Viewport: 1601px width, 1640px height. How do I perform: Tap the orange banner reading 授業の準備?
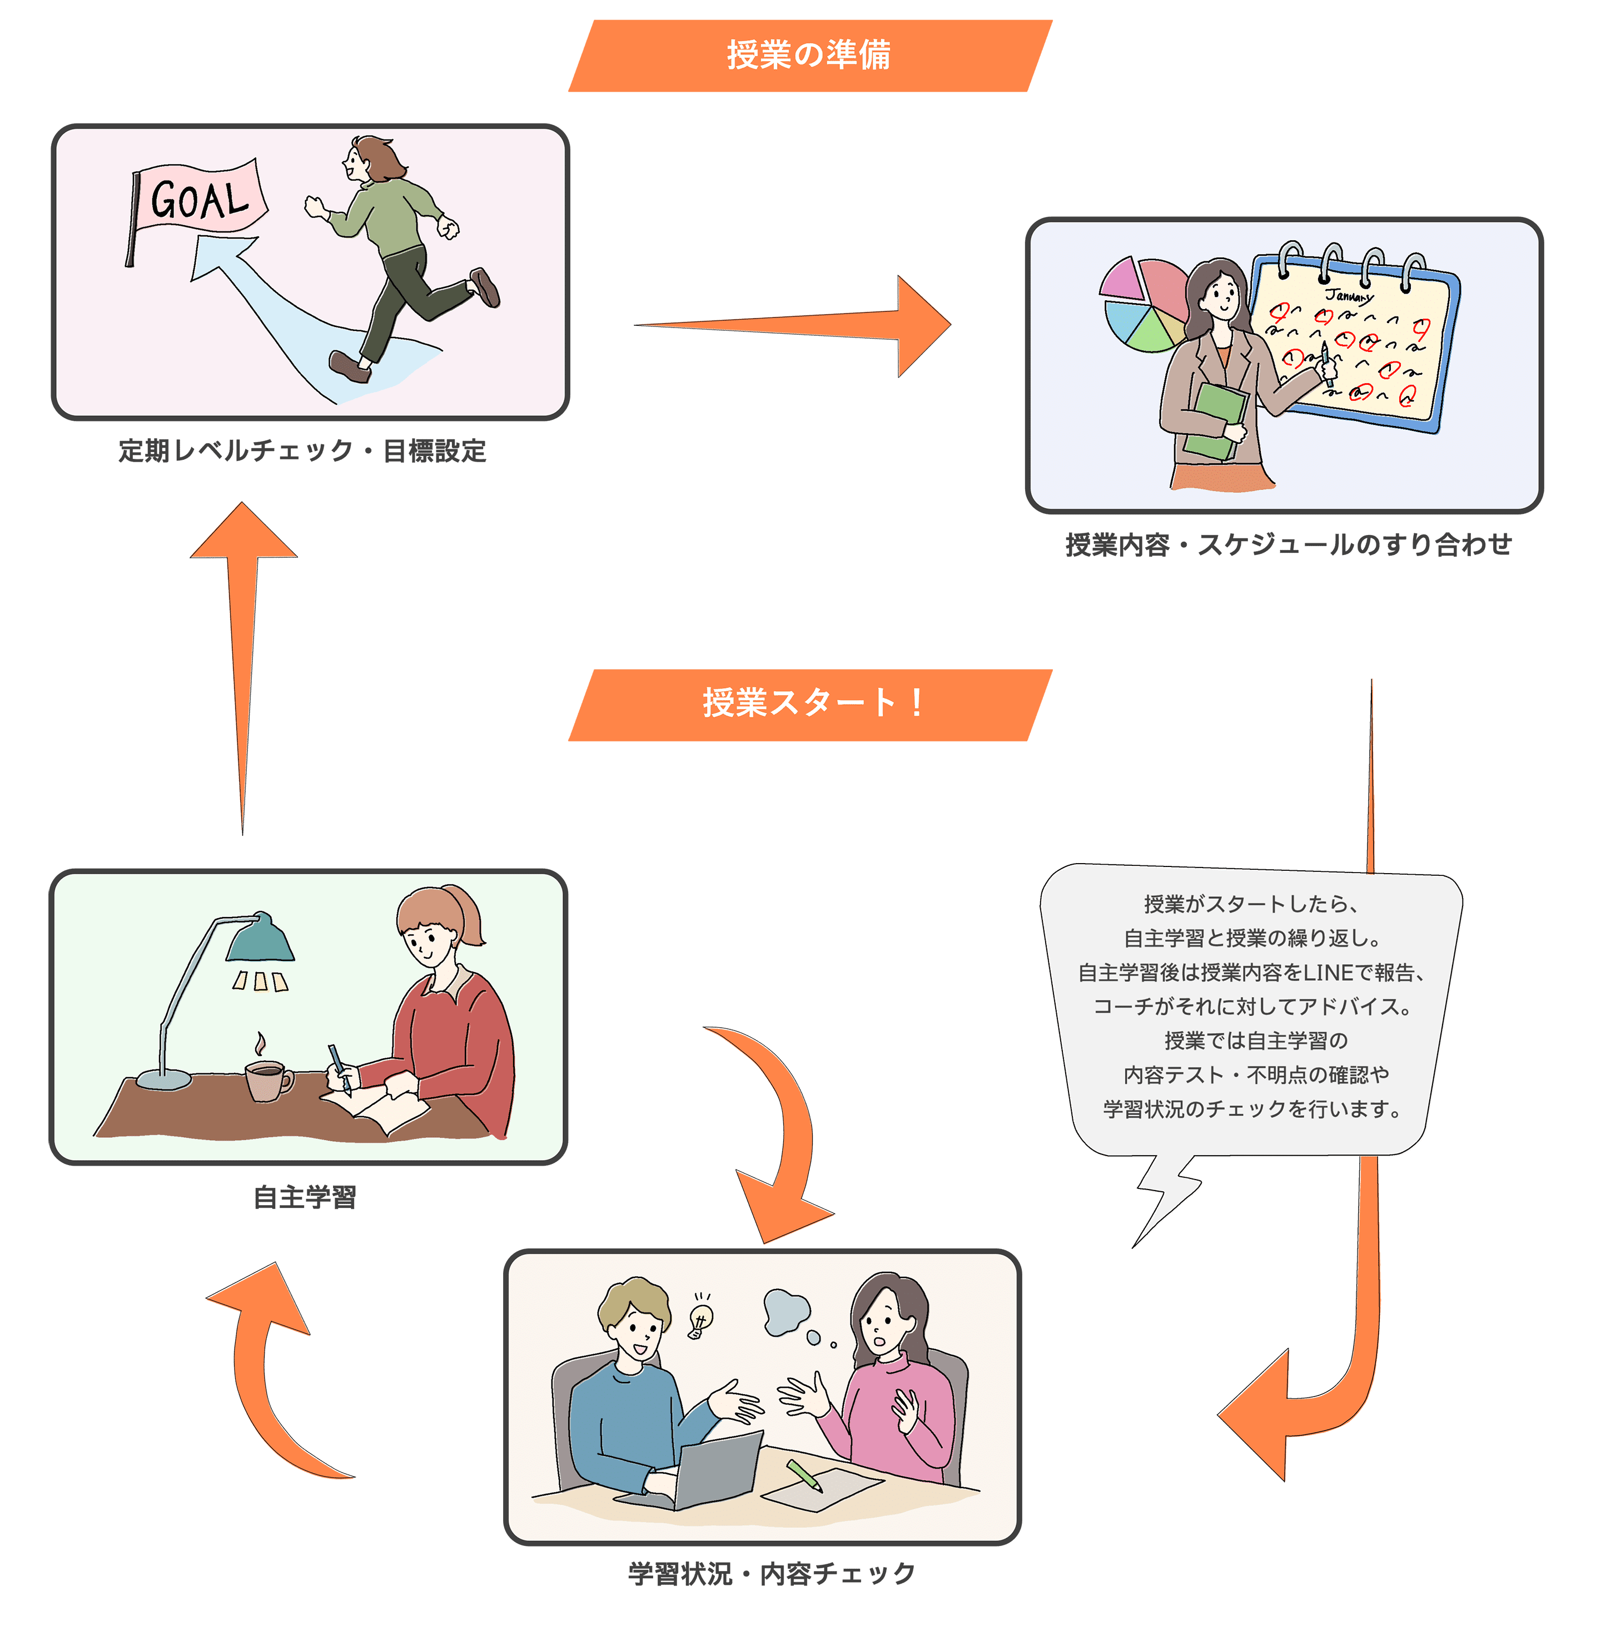[809, 56]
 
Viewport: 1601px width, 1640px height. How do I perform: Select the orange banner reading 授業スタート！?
[809, 704]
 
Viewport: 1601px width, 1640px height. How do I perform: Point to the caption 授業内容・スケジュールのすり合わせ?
[1287, 545]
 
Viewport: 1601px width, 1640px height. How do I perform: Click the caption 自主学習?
[305, 1197]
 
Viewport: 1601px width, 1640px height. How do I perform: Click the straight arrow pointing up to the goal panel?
[244, 656]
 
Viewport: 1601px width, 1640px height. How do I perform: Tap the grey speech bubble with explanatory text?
[1251, 1009]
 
